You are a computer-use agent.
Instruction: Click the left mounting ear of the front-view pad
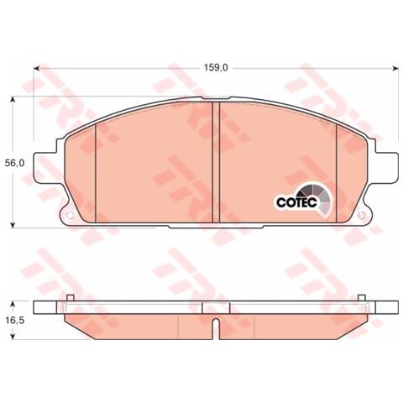point(50,164)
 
